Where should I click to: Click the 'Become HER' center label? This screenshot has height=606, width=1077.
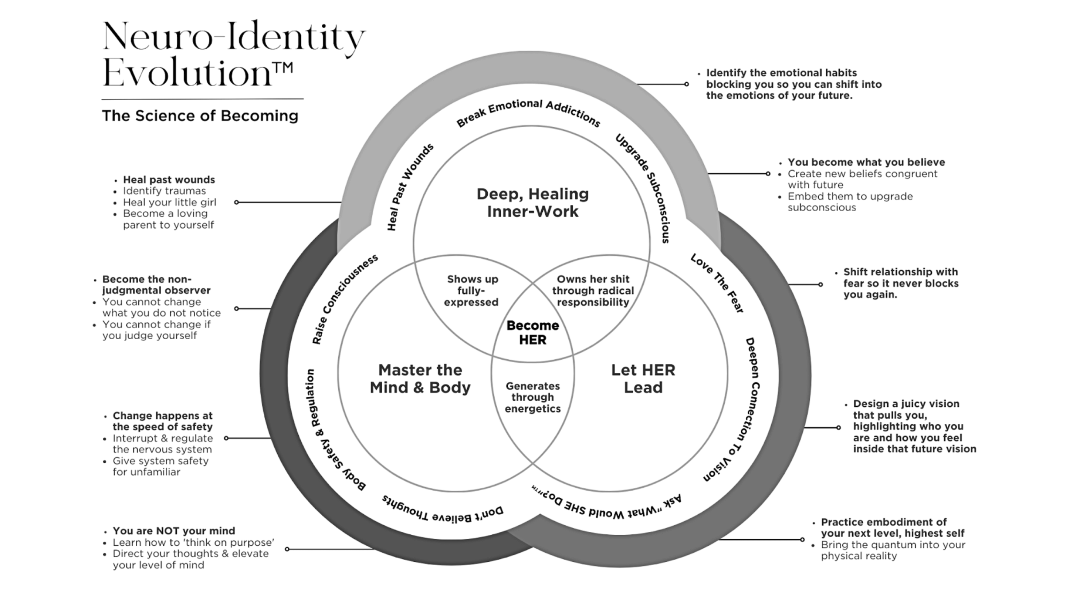pos(533,332)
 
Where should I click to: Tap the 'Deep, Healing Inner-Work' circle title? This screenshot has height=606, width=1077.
pos(533,202)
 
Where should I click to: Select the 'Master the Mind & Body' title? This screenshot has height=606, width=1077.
pos(420,379)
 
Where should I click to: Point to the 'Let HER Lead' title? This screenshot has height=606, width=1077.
pos(643,379)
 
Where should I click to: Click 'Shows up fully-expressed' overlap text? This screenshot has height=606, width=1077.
pos(472,290)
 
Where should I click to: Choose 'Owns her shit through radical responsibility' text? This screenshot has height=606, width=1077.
pos(593,290)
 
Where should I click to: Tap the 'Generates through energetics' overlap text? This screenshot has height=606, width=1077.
pos(533,397)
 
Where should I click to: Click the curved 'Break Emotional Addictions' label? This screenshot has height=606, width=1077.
pos(528,112)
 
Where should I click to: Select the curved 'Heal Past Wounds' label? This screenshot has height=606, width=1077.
pos(409,187)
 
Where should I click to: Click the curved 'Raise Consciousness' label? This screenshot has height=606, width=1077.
pos(344,299)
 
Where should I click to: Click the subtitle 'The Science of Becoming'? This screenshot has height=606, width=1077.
pos(200,116)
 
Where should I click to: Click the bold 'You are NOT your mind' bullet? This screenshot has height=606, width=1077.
pos(174,531)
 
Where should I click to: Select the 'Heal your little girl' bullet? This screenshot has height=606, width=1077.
pos(170,202)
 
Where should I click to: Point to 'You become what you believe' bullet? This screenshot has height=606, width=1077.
pos(866,162)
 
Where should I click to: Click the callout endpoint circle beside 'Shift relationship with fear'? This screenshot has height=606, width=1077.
pos(820,284)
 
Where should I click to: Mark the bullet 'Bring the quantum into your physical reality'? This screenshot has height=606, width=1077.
pos(893,550)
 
